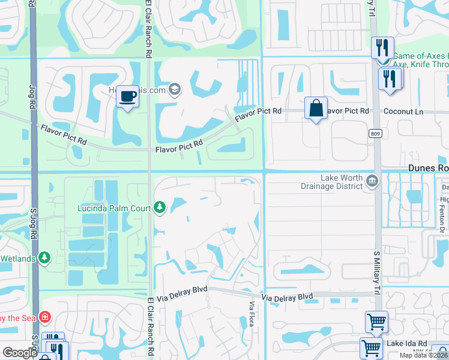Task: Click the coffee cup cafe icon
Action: point(127,97)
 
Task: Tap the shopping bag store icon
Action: point(316,109)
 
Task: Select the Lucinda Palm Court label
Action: point(113,208)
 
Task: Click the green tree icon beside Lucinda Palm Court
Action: point(159,208)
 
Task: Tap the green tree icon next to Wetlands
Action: point(44,257)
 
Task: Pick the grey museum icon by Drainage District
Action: point(372,181)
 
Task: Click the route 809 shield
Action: point(376,133)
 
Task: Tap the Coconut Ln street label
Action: point(403,112)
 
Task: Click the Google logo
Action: point(20,353)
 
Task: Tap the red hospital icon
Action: point(44,316)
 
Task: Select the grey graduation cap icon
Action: point(175,89)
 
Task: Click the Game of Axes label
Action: point(420,56)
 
